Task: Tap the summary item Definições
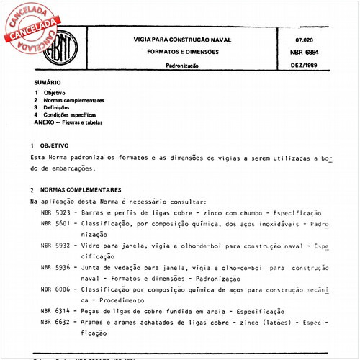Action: coord(59,108)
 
